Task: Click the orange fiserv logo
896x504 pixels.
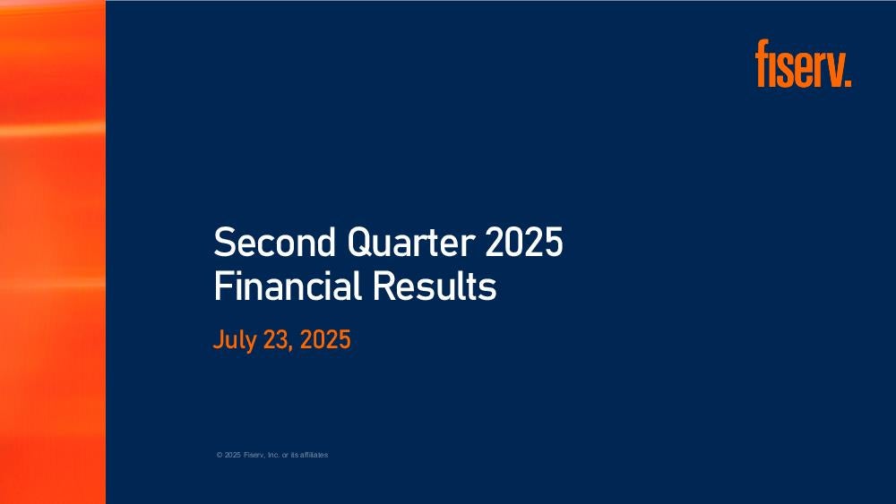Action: pos(803,64)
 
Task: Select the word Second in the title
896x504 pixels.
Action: pos(274,242)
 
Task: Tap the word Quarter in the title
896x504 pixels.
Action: pos(410,242)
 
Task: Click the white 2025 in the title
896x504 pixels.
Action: pos(524,242)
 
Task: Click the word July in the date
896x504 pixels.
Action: pos(234,340)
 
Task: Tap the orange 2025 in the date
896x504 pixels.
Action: pos(325,339)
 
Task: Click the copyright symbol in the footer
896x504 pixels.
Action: pos(220,455)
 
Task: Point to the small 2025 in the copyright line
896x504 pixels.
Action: pos(233,455)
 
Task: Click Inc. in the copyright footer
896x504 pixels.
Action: pos(273,455)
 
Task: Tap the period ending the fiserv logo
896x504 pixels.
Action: pos(849,84)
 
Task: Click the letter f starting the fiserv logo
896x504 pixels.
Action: pos(761,64)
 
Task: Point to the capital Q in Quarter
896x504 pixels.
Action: pos(358,243)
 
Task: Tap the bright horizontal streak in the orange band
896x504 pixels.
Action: pos(53,130)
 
